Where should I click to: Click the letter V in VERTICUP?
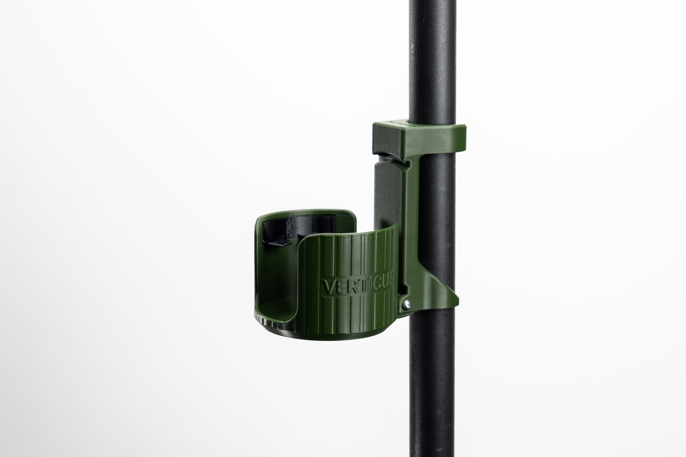coord(328,287)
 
